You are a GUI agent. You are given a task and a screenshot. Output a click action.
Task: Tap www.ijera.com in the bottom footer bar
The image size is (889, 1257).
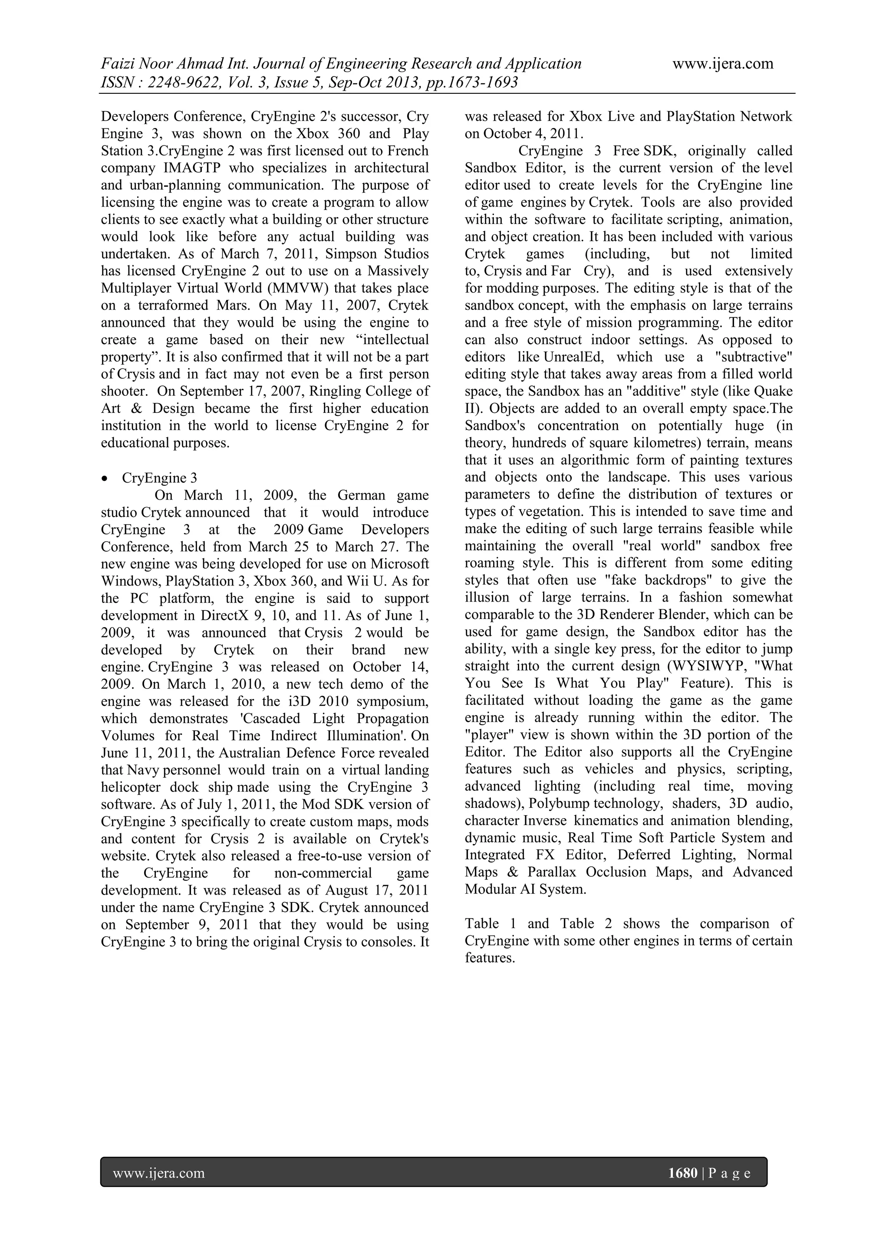(159, 1173)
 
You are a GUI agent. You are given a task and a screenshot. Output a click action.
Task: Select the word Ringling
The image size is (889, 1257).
(333, 392)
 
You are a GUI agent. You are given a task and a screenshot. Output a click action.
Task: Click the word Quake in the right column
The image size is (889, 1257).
(773, 392)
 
